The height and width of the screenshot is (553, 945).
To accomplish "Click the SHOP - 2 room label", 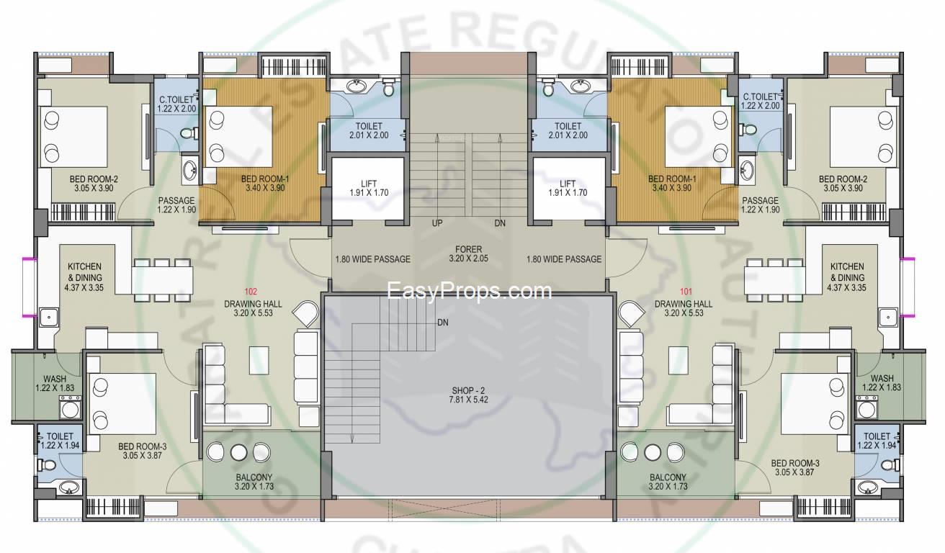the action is click(468, 395).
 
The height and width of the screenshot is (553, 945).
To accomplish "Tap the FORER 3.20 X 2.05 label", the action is click(468, 254).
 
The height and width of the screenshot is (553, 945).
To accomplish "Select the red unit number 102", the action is click(251, 292).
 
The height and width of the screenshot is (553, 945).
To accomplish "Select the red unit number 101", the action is click(686, 292).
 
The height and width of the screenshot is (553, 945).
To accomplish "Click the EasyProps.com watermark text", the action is click(469, 292).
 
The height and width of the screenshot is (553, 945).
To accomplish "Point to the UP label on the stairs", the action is click(437, 223).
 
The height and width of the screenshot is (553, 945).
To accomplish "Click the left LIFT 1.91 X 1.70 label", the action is click(369, 188).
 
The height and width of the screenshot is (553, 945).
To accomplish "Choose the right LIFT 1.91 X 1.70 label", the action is click(568, 188).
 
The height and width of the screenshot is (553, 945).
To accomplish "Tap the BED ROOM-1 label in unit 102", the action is click(265, 184).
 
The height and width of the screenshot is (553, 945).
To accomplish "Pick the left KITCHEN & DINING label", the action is click(84, 277).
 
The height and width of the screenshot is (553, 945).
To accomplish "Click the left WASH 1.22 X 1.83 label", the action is click(55, 383).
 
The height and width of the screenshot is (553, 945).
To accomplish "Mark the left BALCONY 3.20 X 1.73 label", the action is click(254, 482).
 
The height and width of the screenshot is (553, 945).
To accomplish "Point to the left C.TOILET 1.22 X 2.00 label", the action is click(176, 104).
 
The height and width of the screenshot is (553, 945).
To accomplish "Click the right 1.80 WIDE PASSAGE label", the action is click(564, 259).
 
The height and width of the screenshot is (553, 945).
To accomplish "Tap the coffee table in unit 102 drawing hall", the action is click(259, 360).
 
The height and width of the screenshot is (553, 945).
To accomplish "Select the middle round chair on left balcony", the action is click(238, 452).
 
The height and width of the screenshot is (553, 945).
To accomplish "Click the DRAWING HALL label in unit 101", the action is click(684, 308).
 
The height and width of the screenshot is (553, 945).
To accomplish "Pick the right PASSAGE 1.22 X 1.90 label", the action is click(760, 205).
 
